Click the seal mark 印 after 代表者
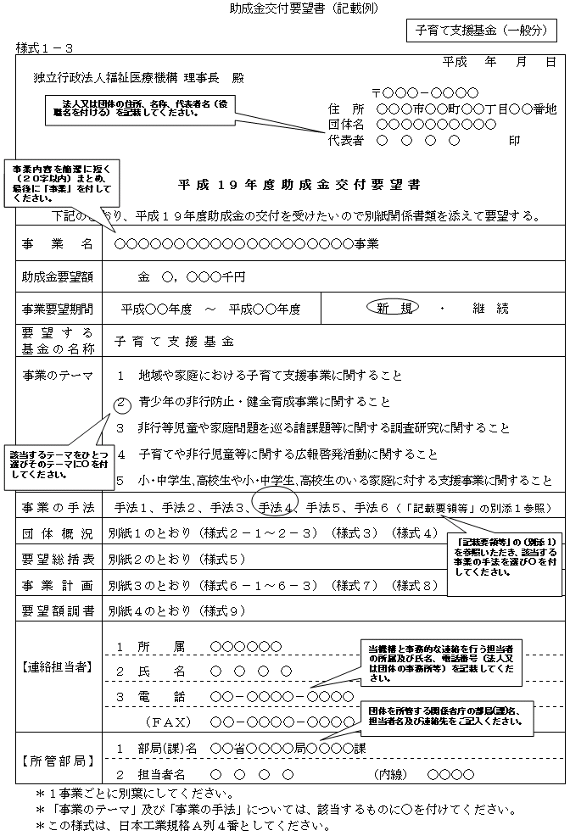point(514,141)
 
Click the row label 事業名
point(58,244)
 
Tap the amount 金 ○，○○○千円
point(191,276)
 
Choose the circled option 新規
point(393,308)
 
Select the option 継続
point(492,308)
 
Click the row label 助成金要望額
point(58,276)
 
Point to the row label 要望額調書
point(58,610)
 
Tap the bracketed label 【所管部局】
point(58,761)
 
